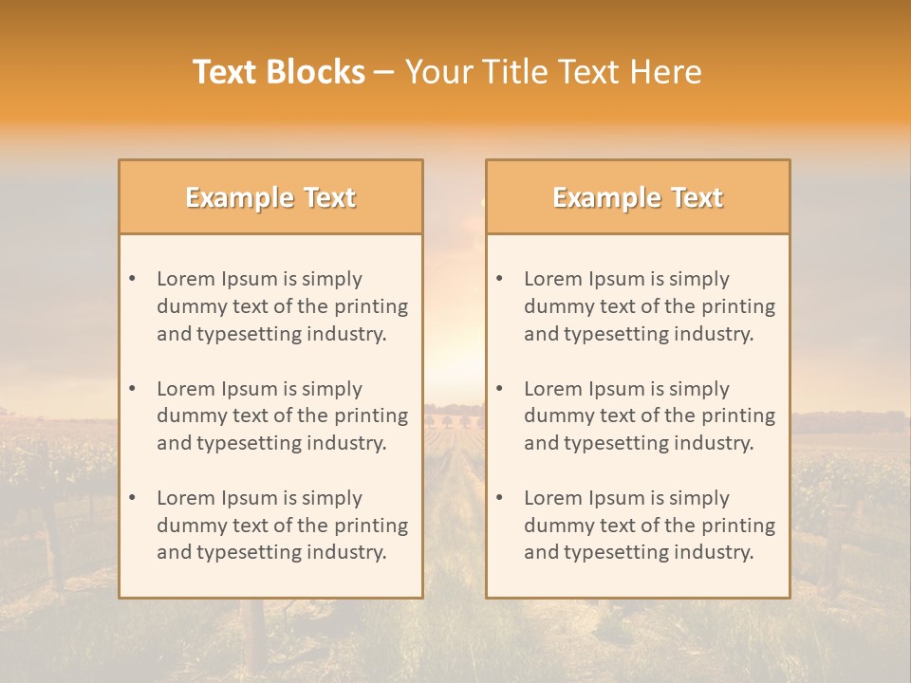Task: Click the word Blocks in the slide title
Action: click(316, 72)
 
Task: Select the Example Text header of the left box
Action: click(270, 197)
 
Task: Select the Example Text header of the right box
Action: click(638, 197)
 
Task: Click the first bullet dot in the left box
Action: click(133, 279)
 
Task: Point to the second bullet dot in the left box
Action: click(133, 389)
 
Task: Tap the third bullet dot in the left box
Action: click(133, 498)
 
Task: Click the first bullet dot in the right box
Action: click(500, 279)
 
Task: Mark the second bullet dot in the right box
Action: click(500, 389)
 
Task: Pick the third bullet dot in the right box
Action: click(500, 498)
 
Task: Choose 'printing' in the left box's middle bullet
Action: click(371, 415)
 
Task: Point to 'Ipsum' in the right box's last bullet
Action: click(614, 498)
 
